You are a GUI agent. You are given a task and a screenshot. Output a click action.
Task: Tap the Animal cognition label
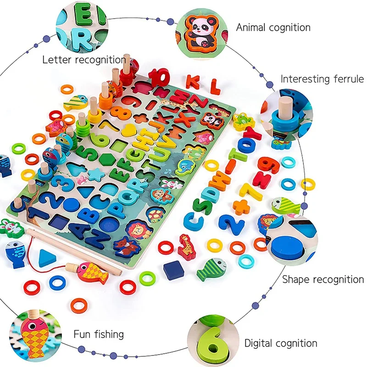(x=273, y=28)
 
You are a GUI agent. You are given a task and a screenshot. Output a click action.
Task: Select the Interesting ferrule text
(x=322, y=79)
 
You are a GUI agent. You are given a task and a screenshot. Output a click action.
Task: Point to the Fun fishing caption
(x=99, y=334)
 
